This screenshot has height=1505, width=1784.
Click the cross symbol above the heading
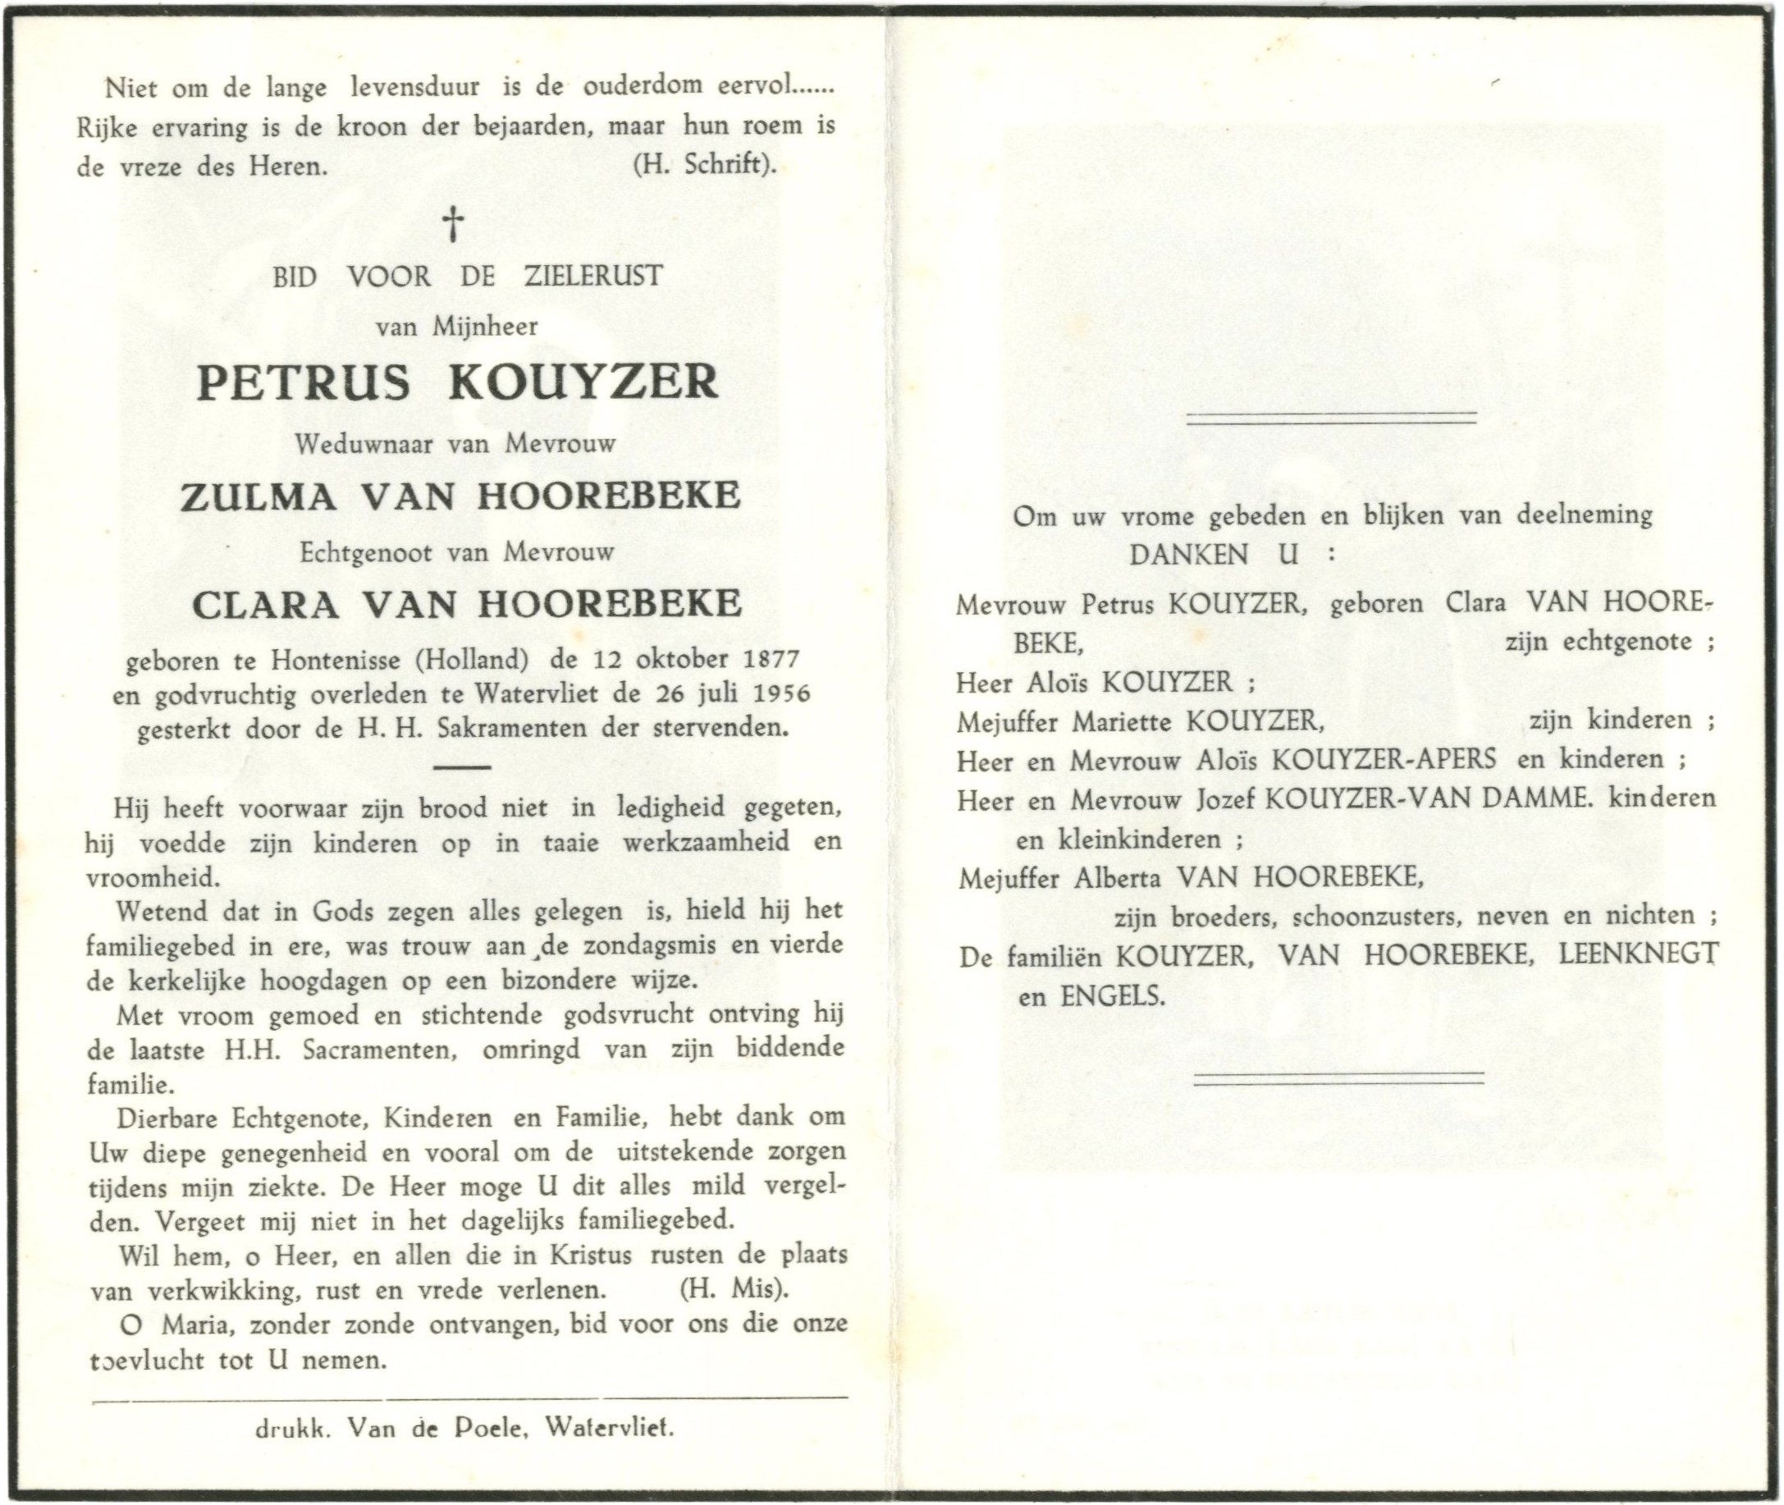[454, 223]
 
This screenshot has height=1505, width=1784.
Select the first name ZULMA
[258, 496]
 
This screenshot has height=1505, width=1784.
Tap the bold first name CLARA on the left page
[266, 605]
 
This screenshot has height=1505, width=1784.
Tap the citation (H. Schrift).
[705, 164]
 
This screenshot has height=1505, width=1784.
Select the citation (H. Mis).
[733, 1289]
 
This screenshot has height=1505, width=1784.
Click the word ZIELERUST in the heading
[593, 277]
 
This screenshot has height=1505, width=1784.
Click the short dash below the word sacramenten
[461, 767]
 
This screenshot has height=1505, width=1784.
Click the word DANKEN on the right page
[1189, 555]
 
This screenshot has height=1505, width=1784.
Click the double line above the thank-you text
[1331, 417]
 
